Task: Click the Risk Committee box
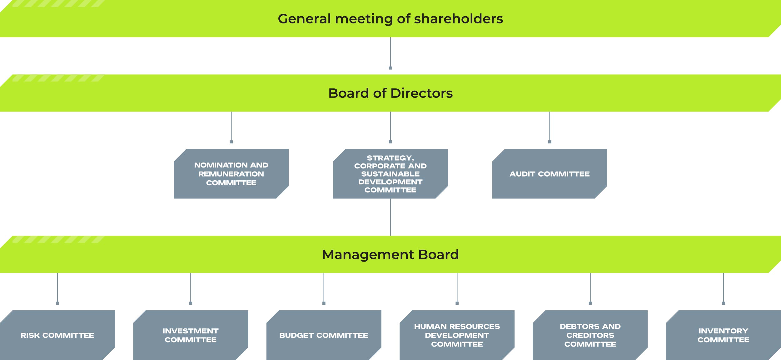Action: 57,335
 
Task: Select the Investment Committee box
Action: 191,335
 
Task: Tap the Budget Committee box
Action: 324,335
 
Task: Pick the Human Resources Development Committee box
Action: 457,335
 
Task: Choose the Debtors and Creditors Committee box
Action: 590,335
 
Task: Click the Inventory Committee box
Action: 724,335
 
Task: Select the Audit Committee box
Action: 550,174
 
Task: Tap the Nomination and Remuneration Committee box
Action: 231,174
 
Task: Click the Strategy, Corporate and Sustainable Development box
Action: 390,174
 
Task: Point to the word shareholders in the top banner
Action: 458,19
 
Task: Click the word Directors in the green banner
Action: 421,93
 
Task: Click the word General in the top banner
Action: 304,19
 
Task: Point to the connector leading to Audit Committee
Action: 550,127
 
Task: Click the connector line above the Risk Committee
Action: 57,288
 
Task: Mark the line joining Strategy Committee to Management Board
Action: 390,217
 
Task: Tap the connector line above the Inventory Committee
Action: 724,288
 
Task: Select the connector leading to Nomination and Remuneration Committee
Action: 231,127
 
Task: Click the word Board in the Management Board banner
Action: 438,255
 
